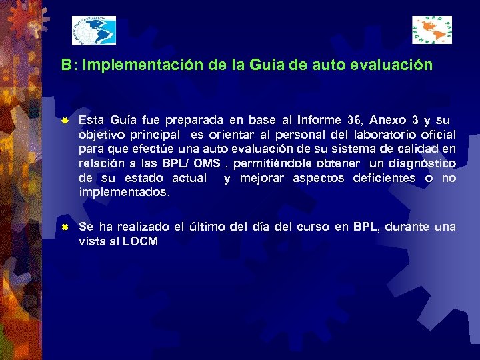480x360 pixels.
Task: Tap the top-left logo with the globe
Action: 94,31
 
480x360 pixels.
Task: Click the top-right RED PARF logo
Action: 431,30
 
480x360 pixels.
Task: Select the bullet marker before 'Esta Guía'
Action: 65,122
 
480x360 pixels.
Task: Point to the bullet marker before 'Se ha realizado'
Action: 65,228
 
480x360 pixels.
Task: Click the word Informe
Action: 319,121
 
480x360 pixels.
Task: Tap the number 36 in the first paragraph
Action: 354,121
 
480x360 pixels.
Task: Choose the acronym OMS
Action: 207,163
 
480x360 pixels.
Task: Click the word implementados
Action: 124,192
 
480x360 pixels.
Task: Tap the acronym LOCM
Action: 140,241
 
